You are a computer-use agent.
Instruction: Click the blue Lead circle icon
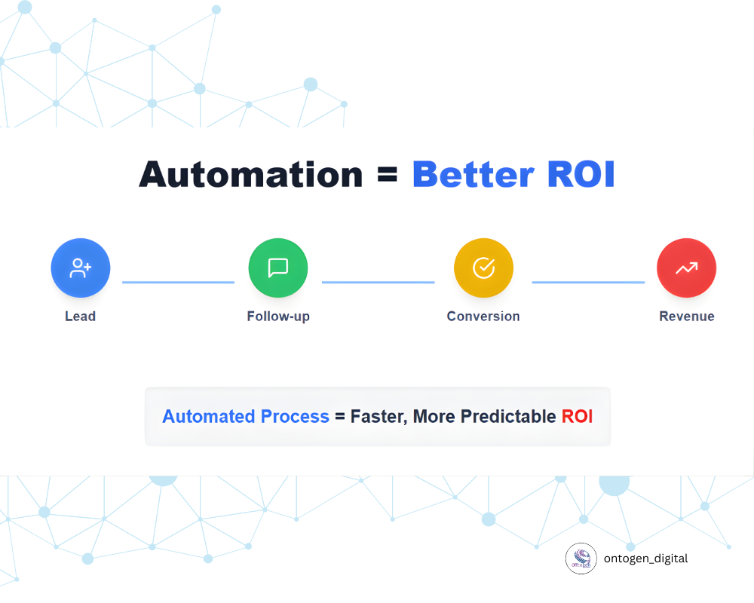tap(81, 268)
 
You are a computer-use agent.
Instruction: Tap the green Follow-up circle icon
tap(278, 268)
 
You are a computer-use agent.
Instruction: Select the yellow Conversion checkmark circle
tap(484, 268)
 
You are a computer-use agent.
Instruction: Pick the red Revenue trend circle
tap(687, 268)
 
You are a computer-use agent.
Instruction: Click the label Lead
tap(81, 316)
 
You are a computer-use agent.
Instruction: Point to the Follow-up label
tap(278, 317)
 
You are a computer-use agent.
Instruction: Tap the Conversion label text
tap(483, 316)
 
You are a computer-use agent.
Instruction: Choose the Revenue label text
tap(687, 316)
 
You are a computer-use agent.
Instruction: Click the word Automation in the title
tap(250, 174)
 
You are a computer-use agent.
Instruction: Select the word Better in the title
tap(474, 174)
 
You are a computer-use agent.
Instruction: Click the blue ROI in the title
tap(581, 174)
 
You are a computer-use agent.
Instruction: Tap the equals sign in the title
tap(387, 175)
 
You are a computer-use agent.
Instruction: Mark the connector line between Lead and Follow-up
tap(179, 282)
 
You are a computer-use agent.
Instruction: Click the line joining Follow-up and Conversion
tap(379, 282)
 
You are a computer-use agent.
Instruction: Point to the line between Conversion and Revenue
tap(589, 282)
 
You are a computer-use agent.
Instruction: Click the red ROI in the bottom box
tap(577, 416)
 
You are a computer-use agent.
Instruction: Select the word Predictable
tap(508, 416)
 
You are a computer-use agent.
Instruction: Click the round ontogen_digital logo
tap(581, 559)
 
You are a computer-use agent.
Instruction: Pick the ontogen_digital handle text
tap(646, 559)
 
